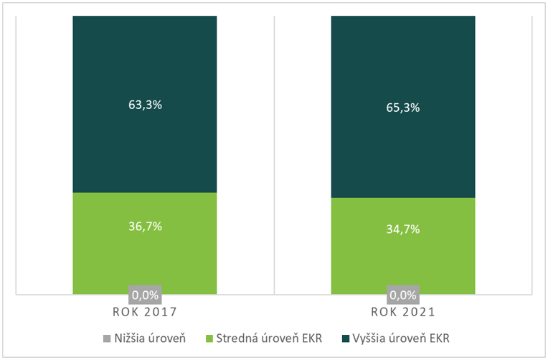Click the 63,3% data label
tap(144, 105)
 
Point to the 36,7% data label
tap(144, 227)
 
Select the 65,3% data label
tap(402, 108)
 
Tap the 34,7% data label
tap(402, 230)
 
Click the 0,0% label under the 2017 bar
tap(144, 294)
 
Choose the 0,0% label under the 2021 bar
tap(402, 294)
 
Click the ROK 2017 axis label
tap(144, 313)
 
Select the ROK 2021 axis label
tap(402, 313)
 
